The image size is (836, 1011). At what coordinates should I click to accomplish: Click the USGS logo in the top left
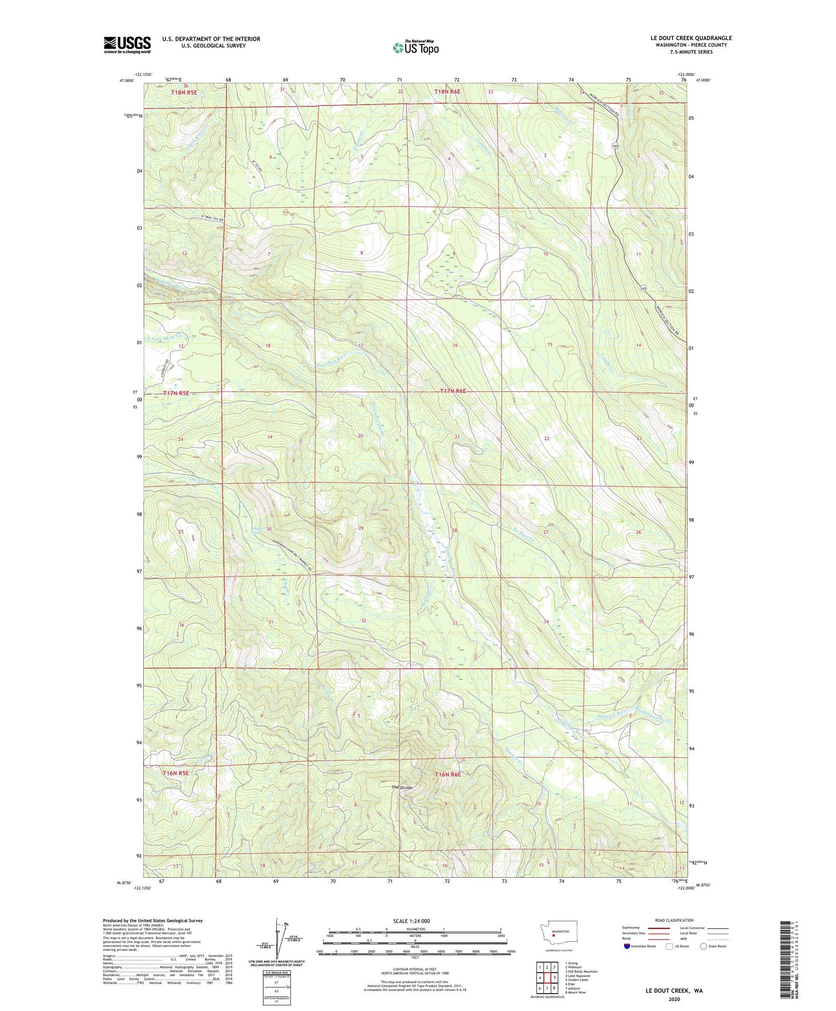127,45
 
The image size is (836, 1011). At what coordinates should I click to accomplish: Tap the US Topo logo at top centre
415,48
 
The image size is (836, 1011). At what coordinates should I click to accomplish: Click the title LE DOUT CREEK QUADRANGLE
691,38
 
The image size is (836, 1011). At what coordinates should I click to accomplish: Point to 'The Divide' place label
402,787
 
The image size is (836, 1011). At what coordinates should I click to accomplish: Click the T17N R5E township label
177,393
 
